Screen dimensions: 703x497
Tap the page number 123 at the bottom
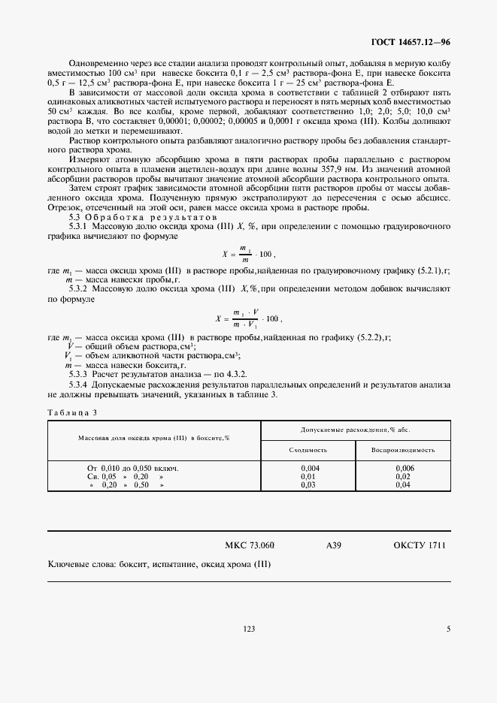250,629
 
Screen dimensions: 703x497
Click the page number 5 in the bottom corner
448,629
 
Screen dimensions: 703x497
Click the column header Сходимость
308,450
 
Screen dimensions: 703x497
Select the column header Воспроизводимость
403,450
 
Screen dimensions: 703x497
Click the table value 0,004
308,468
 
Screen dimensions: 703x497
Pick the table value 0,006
404,468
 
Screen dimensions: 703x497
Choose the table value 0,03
308,485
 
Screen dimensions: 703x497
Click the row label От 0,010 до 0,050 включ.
134,468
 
